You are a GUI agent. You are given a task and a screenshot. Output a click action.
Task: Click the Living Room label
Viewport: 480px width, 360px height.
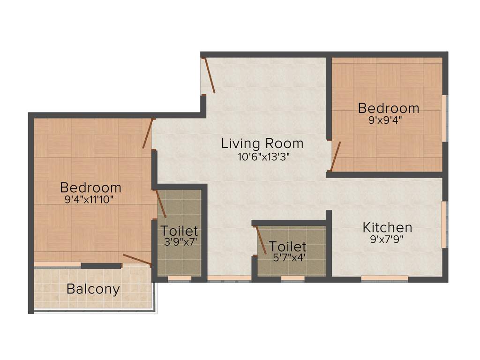click(262, 143)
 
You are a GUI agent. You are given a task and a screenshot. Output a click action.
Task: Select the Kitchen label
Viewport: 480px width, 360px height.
click(387, 228)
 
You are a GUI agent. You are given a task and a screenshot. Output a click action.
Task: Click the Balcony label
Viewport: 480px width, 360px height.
click(93, 289)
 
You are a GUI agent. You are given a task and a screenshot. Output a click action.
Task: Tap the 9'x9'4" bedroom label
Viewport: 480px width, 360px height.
click(388, 108)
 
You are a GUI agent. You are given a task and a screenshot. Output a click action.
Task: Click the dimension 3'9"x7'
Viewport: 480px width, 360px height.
click(180, 243)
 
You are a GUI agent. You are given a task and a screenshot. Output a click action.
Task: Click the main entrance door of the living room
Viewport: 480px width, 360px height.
click(209, 75)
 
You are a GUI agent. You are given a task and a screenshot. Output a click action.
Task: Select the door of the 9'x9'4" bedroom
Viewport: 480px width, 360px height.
click(335, 157)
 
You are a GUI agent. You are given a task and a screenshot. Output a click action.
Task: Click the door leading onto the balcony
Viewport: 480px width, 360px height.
click(136, 259)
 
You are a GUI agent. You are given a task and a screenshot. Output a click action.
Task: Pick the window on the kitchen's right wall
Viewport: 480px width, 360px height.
click(443, 224)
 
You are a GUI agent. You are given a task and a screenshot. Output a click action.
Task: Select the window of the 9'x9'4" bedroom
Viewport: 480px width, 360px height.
click(444, 118)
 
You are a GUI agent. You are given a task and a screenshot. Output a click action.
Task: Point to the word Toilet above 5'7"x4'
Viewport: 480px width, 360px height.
click(287, 247)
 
